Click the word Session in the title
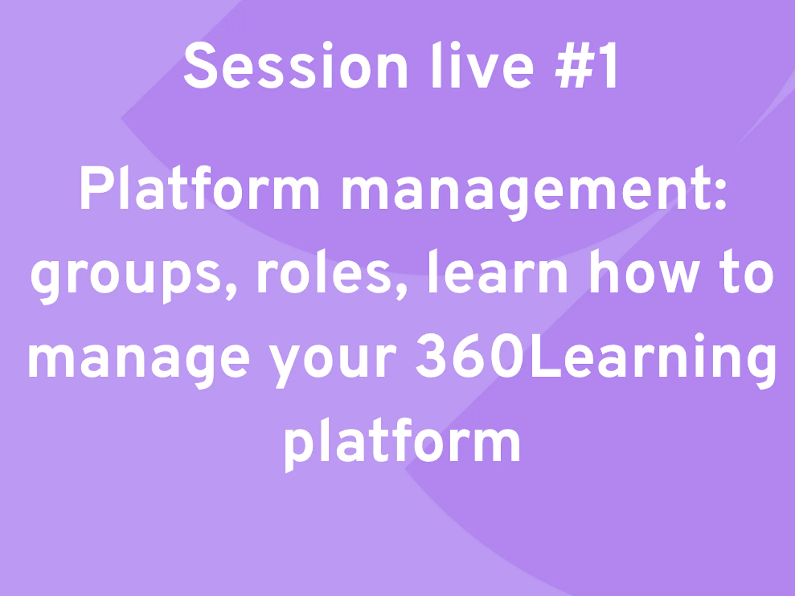[x=295, y=65]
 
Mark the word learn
[x=498, y=271]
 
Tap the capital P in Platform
[x=95, y=188]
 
